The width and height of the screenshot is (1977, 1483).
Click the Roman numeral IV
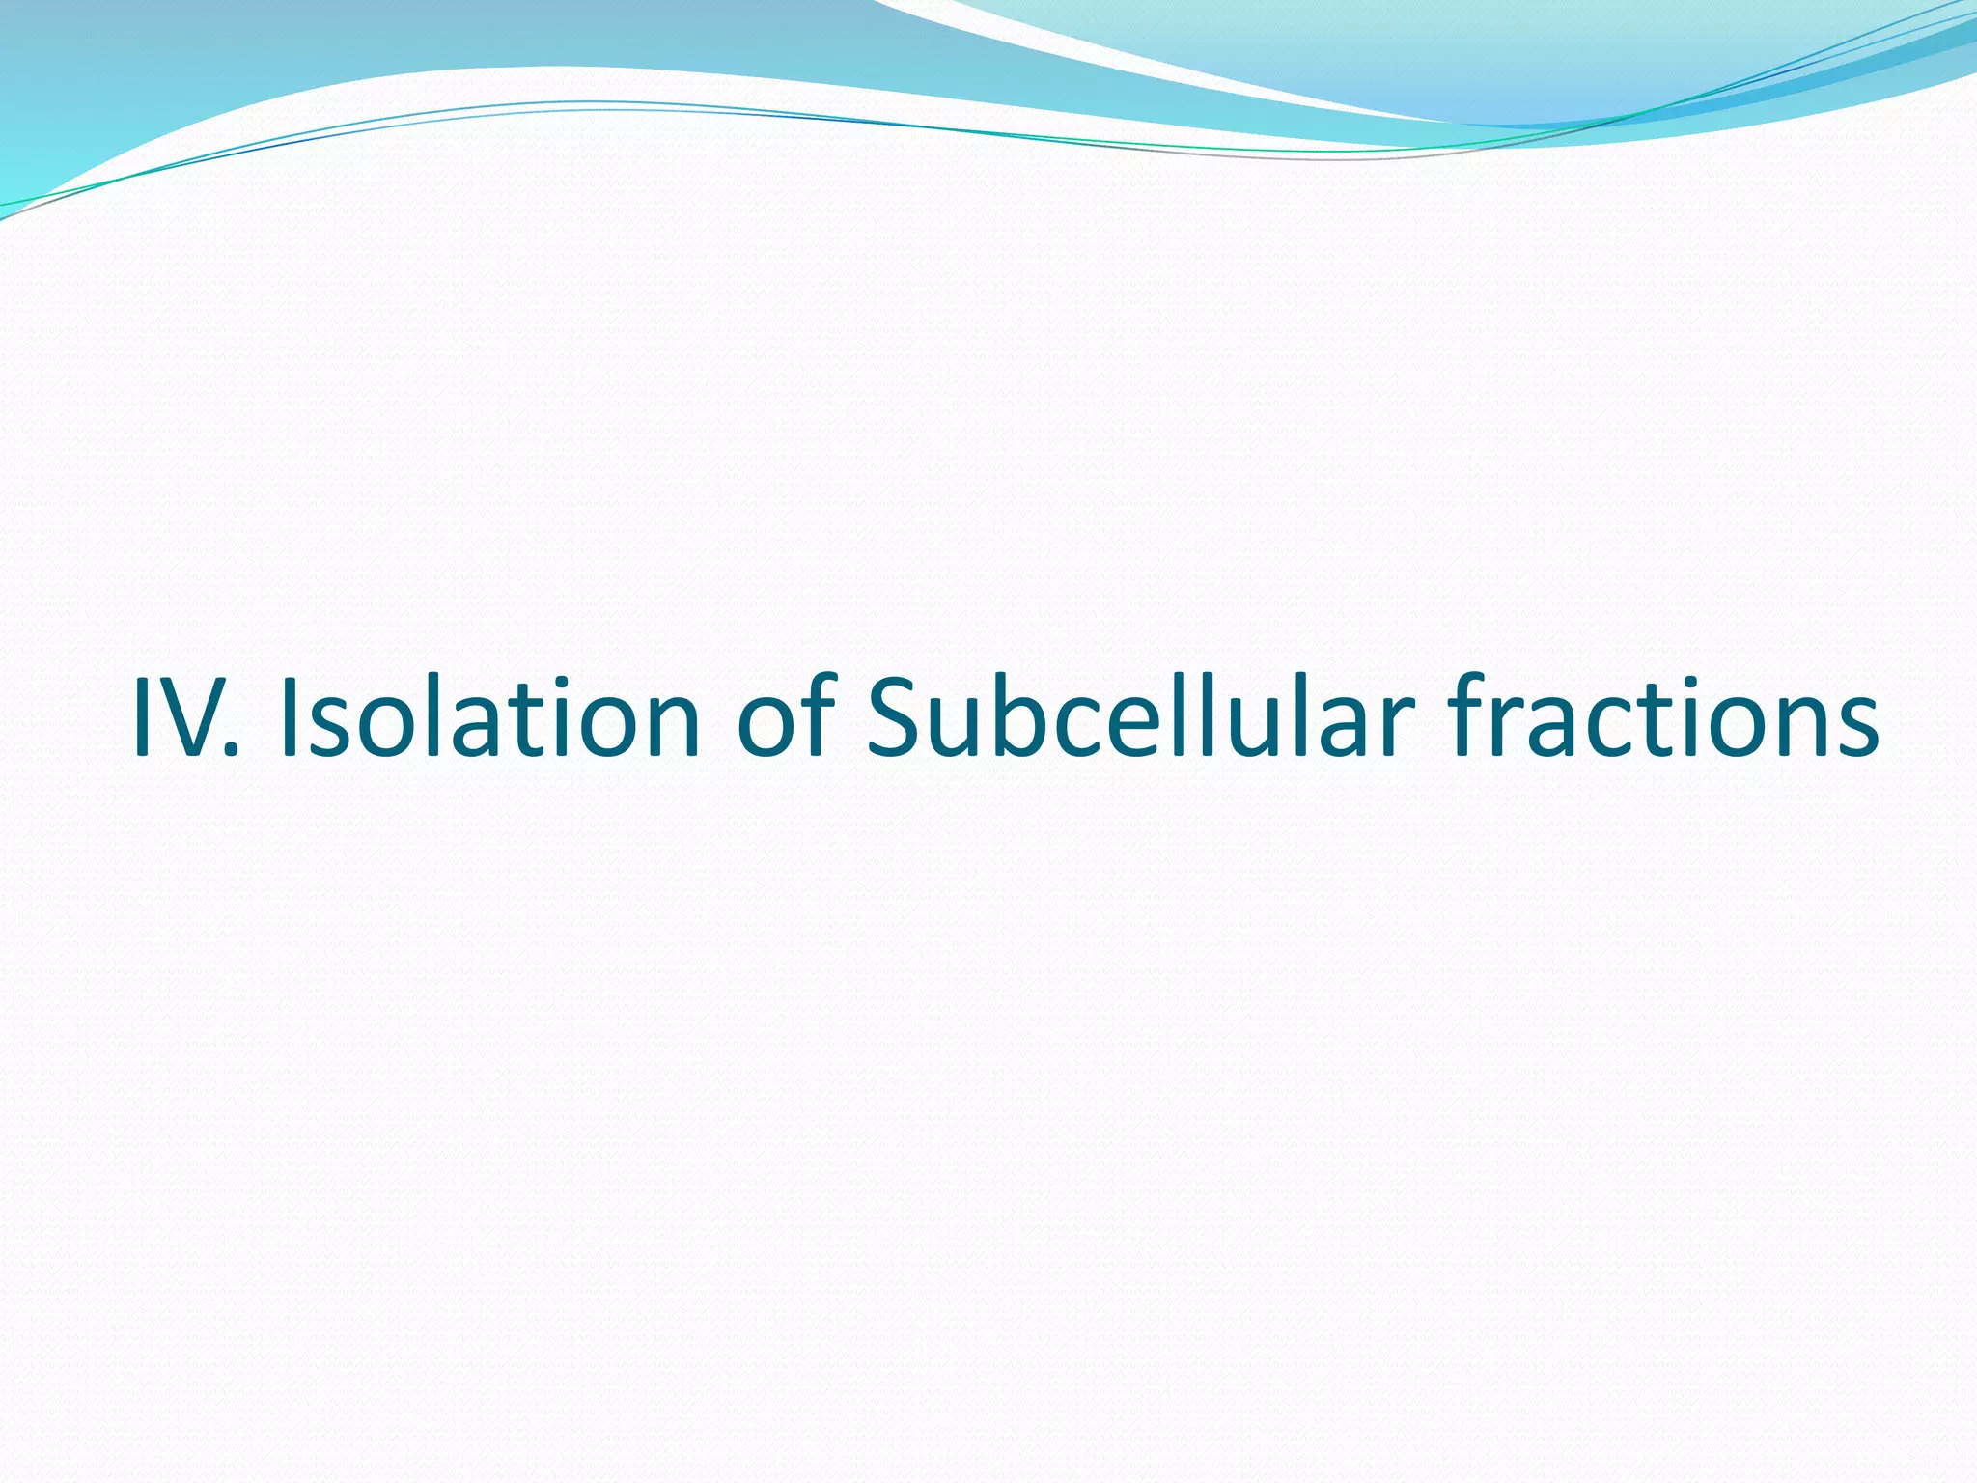179,716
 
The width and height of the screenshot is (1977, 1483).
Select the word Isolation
488,716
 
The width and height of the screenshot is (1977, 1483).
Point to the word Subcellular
1139,716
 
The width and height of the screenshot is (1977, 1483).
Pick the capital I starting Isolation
288,716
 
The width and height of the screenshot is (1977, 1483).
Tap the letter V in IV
193,716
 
